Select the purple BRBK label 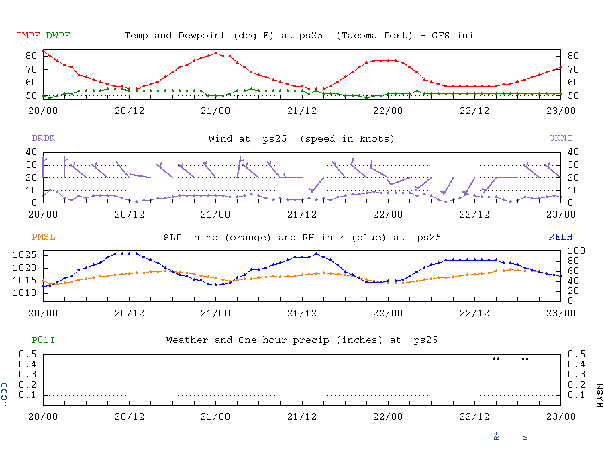(x=44, y=138)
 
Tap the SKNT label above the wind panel (x=560, y=138)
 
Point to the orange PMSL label (x=44, y=237)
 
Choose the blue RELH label (x=560, y=237)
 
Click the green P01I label (x=44, y=340)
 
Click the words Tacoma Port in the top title (x=373, y=36)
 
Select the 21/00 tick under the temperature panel (x=215, y=110)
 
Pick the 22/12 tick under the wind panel (x=474, y=215)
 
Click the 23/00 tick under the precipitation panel (x=561, y=416)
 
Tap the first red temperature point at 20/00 (x=43, y=50)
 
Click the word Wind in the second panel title (x=220, y=138)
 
